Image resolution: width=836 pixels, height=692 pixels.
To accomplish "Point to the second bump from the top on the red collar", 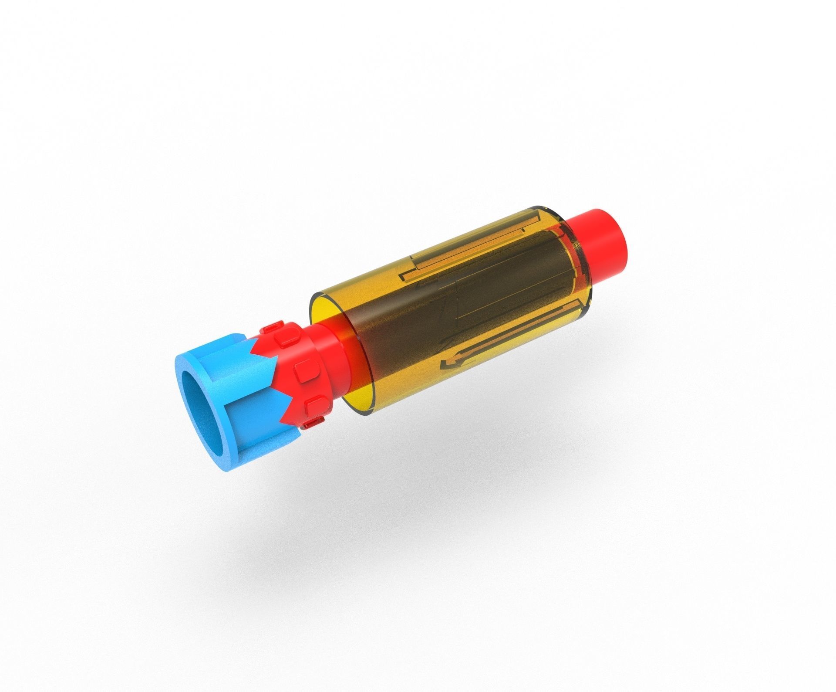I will pyautogui.click(x=286, y=337).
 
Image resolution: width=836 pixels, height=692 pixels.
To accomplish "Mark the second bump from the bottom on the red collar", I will pyautogui.click(x=313, y=405).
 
